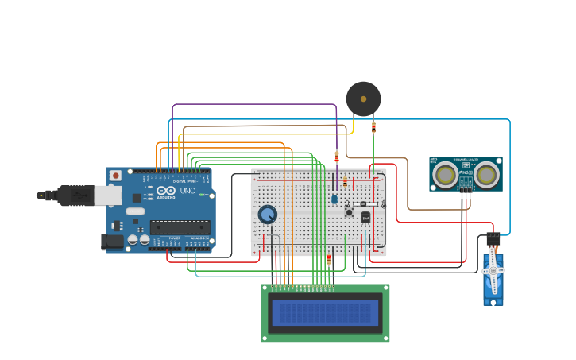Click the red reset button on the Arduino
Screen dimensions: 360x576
[116, 175]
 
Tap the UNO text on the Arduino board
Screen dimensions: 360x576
[187, 192]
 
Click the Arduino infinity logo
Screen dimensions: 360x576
[167, 192]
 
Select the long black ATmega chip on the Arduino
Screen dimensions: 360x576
[180, 227]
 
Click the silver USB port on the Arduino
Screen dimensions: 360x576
[108, 195]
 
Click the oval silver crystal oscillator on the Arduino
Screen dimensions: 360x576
[135, 212]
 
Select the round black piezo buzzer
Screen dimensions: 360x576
[363, 99]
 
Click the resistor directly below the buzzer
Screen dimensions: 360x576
[373, 126]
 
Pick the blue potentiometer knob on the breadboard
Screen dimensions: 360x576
[268, 215]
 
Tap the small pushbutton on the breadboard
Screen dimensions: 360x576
[348, 212]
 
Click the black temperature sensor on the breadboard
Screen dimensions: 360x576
[365, 217]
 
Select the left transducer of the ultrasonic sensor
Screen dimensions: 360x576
[445, 174]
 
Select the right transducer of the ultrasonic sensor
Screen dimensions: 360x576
[486, 174]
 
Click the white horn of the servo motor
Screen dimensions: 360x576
[493, 271]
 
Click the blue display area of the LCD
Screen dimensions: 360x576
[325, 313]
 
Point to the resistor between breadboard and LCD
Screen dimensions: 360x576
[329, 260]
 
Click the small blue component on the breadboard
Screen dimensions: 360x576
[334, 199]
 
